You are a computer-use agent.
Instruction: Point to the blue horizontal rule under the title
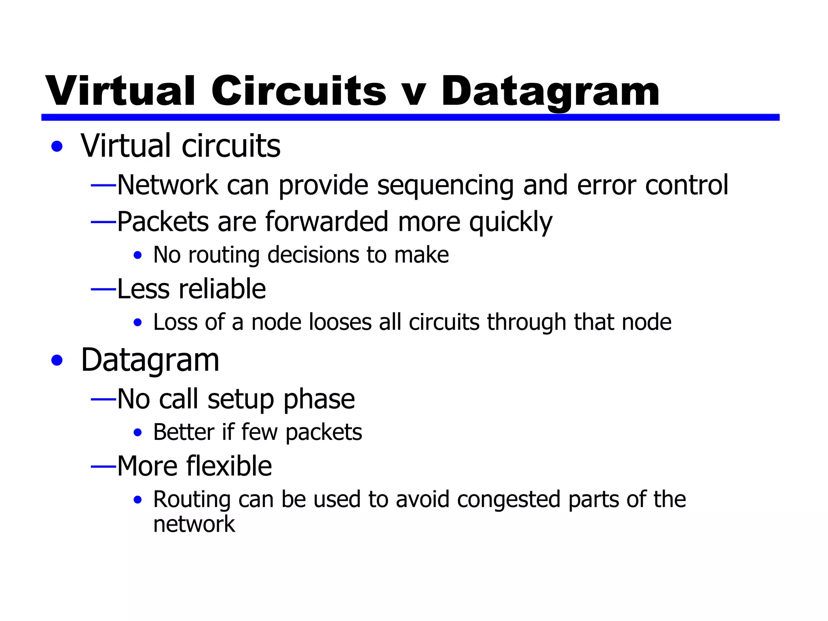410,117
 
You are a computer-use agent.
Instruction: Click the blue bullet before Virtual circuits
57,146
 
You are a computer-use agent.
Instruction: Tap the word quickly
511,222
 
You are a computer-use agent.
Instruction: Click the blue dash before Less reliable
103,289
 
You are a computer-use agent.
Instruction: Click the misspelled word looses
340,322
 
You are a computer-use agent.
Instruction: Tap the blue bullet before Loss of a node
138,323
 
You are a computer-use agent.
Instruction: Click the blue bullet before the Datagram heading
57,360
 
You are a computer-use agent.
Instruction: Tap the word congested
509,500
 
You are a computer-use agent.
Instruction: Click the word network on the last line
194,524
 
